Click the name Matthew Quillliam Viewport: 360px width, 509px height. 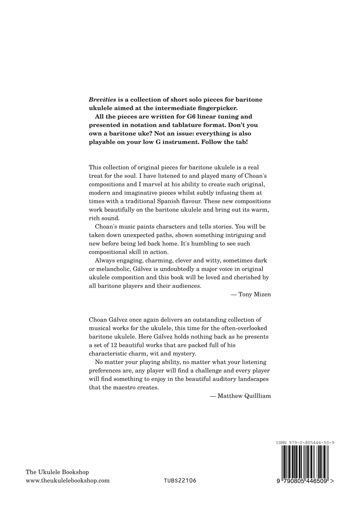244,396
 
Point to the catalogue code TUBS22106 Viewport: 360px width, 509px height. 180,481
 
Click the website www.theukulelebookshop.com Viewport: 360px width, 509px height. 68,481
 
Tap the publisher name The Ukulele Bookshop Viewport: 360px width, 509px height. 57,472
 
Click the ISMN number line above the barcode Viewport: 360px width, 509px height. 305,443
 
